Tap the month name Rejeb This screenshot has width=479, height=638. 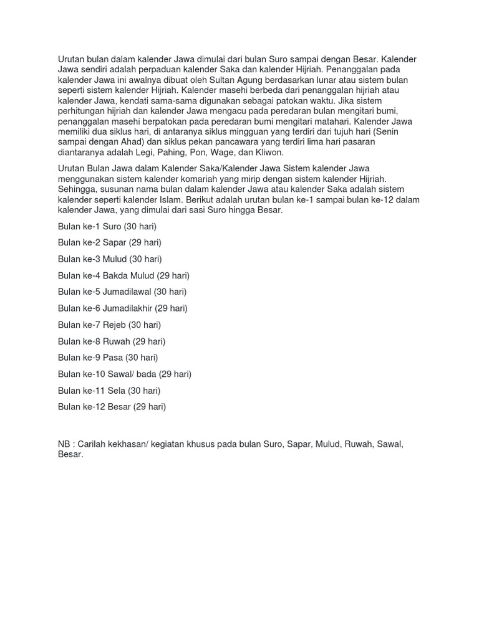114,325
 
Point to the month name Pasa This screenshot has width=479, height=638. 112,358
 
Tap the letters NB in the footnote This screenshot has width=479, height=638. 64,444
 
